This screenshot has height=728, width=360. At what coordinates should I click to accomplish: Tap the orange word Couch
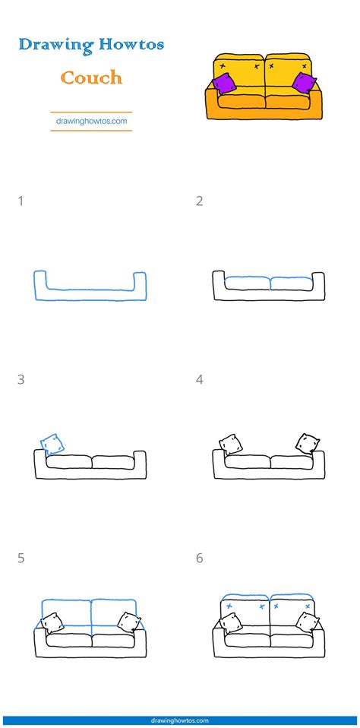91,78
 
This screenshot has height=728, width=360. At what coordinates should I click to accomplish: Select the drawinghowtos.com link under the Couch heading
91,121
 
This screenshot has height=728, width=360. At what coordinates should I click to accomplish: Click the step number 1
21,201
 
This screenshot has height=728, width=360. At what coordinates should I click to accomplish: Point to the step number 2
200,201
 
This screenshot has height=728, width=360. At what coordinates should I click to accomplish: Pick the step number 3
21,379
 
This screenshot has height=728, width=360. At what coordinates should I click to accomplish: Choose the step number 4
200,379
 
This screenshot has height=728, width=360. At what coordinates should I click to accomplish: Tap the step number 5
21,558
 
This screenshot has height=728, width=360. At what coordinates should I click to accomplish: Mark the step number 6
200,558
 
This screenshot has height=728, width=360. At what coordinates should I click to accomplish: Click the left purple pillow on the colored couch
224,84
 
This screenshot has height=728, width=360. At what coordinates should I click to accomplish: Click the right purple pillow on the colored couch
304,83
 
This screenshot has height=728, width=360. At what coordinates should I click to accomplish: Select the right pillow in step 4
308,443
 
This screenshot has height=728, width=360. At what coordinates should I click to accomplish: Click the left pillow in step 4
231,445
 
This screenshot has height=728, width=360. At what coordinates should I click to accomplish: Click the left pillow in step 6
231,622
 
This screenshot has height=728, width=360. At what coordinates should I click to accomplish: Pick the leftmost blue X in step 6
229,606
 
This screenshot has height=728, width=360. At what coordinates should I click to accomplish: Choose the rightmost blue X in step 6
307,606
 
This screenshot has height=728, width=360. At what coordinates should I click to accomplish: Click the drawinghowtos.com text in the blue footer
180,720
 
